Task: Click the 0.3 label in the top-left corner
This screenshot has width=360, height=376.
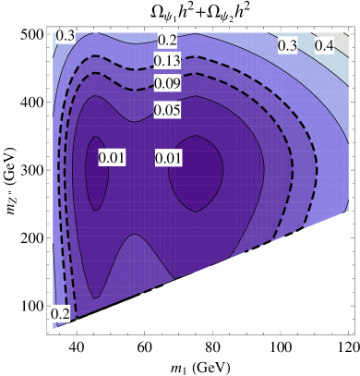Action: point(66,35)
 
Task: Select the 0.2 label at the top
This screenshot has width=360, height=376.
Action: point(167,40)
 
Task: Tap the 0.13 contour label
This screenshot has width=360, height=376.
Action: point(167,61)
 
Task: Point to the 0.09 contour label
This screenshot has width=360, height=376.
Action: point(167,83)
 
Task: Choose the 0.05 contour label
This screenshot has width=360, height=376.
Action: point(167,110)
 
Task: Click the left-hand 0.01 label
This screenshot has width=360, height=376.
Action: point(112,158)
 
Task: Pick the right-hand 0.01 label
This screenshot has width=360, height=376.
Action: point(169,158)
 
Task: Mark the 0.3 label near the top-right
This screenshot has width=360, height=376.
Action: point(288,45)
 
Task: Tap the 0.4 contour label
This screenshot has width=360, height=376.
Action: point(325,45)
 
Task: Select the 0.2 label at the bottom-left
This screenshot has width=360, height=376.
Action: point(60,313)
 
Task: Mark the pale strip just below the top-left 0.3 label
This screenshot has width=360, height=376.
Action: point(60,65)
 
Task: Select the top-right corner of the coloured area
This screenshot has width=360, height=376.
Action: point(348,30)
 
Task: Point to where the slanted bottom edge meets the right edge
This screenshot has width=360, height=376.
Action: point(348,212)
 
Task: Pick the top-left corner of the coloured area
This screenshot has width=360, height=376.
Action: point(54,30)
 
